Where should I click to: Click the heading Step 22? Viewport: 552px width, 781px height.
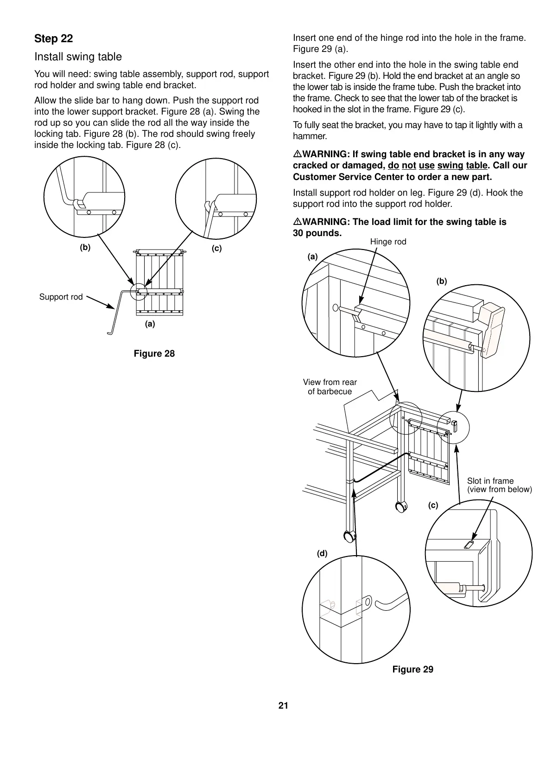pyautogui.click(x=53, y=38)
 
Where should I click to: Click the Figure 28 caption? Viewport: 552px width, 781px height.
pyautogui.click(x=154, y=354)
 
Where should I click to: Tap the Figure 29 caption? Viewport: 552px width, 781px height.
pyautogui.click(x=412, y=669)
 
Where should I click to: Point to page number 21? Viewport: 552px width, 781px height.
pyautogui.click(x=283, y=706)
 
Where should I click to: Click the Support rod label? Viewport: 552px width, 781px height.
pyautogui.click(x=61, y=297)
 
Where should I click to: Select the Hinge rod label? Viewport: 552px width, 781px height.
pyautogui.click(x=388, y=242)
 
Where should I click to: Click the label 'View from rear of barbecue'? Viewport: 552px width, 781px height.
pyautogui.click(x=330, y=387)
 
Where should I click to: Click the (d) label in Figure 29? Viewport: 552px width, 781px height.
pyautogui.click(x=322, y=553)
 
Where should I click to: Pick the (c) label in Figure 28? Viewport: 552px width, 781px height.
pyautogui.click(x=216, y=249)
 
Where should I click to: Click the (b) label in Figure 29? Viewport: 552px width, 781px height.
pyautogui.click(x=441, y=281)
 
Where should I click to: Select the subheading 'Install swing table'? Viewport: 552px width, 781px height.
pyautogui.click(x=78, y=57)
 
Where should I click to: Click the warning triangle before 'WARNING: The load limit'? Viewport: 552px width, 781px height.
pyautogui.click(x=297, y=222)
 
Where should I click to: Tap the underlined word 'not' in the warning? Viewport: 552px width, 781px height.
pyautogui.click(x=409, y=166)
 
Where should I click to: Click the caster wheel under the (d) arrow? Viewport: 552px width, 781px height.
pyautogui.click(x=349, y=537)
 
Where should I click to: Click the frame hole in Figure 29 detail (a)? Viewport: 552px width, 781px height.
pyautogui.click(x=335, y=307)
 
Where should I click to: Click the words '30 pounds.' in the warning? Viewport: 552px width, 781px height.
pyautogui.click(x=317, y=233)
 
